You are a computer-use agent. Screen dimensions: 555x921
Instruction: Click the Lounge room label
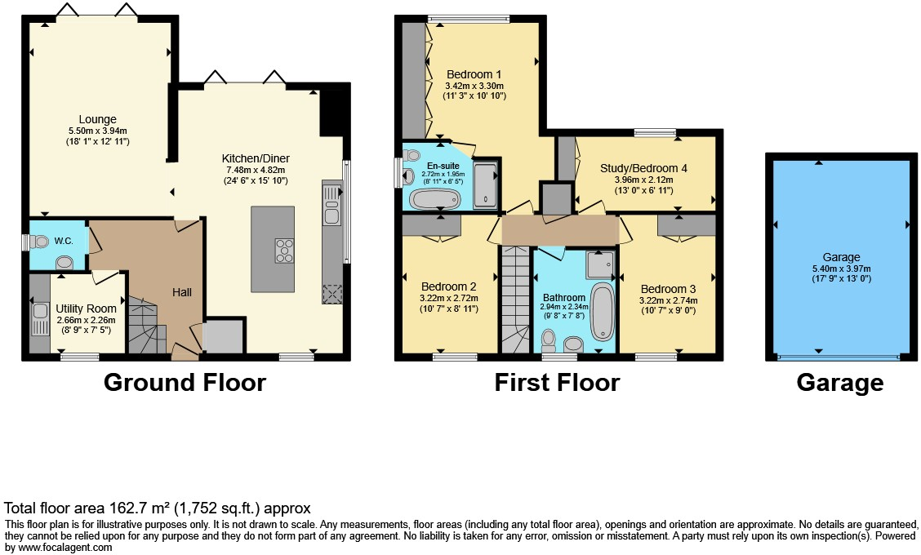click(x=97, y=119)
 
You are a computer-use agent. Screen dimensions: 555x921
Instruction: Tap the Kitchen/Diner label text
click(x=256, y=158)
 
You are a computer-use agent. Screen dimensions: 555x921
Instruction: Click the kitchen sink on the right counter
click(x=331, y=205)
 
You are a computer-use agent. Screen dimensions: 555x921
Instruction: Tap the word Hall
click(x=181, y=291)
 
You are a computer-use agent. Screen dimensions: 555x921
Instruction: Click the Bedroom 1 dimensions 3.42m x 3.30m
click(x=474, y=86)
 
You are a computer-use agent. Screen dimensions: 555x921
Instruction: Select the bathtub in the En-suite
click(x=434, y=199)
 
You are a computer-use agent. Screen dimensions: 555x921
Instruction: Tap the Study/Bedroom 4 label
click(x=643, y=168)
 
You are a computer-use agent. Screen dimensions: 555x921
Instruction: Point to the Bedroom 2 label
click(x=448, y=286)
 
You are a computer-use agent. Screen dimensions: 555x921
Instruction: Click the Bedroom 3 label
click(x=668, y=289)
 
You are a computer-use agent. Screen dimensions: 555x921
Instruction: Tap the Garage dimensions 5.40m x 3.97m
click(x=840, y=269)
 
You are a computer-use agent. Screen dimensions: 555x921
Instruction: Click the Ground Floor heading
click(x=185, y=382)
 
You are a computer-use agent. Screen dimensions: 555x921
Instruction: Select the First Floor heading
click(x=557, y=382)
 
